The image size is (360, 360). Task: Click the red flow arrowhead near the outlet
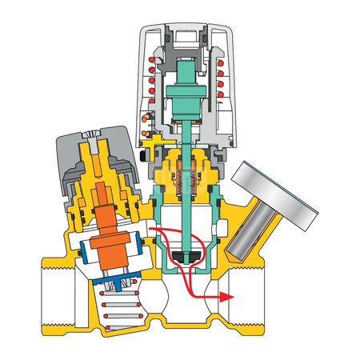pyautogui.click(x=227, y=296)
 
